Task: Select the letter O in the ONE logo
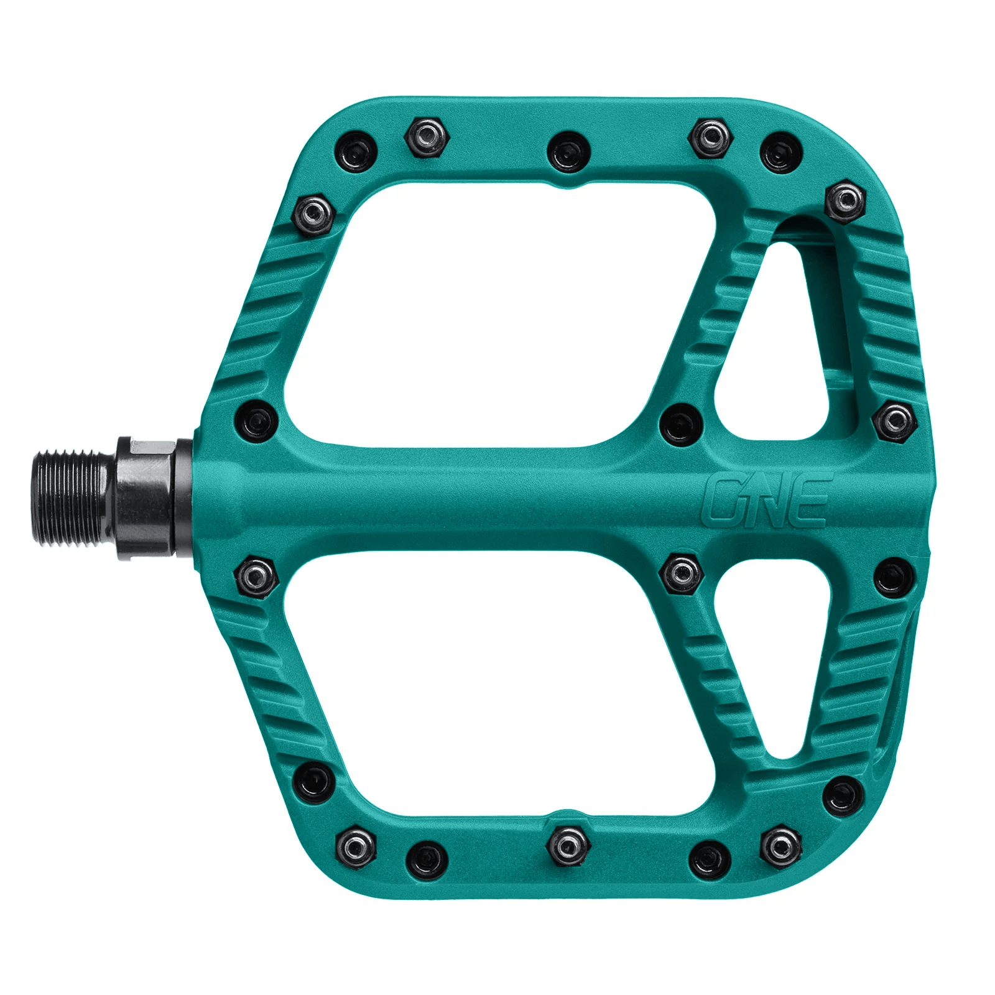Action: click(724, 500)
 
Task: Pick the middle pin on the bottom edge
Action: click(565, 845)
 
